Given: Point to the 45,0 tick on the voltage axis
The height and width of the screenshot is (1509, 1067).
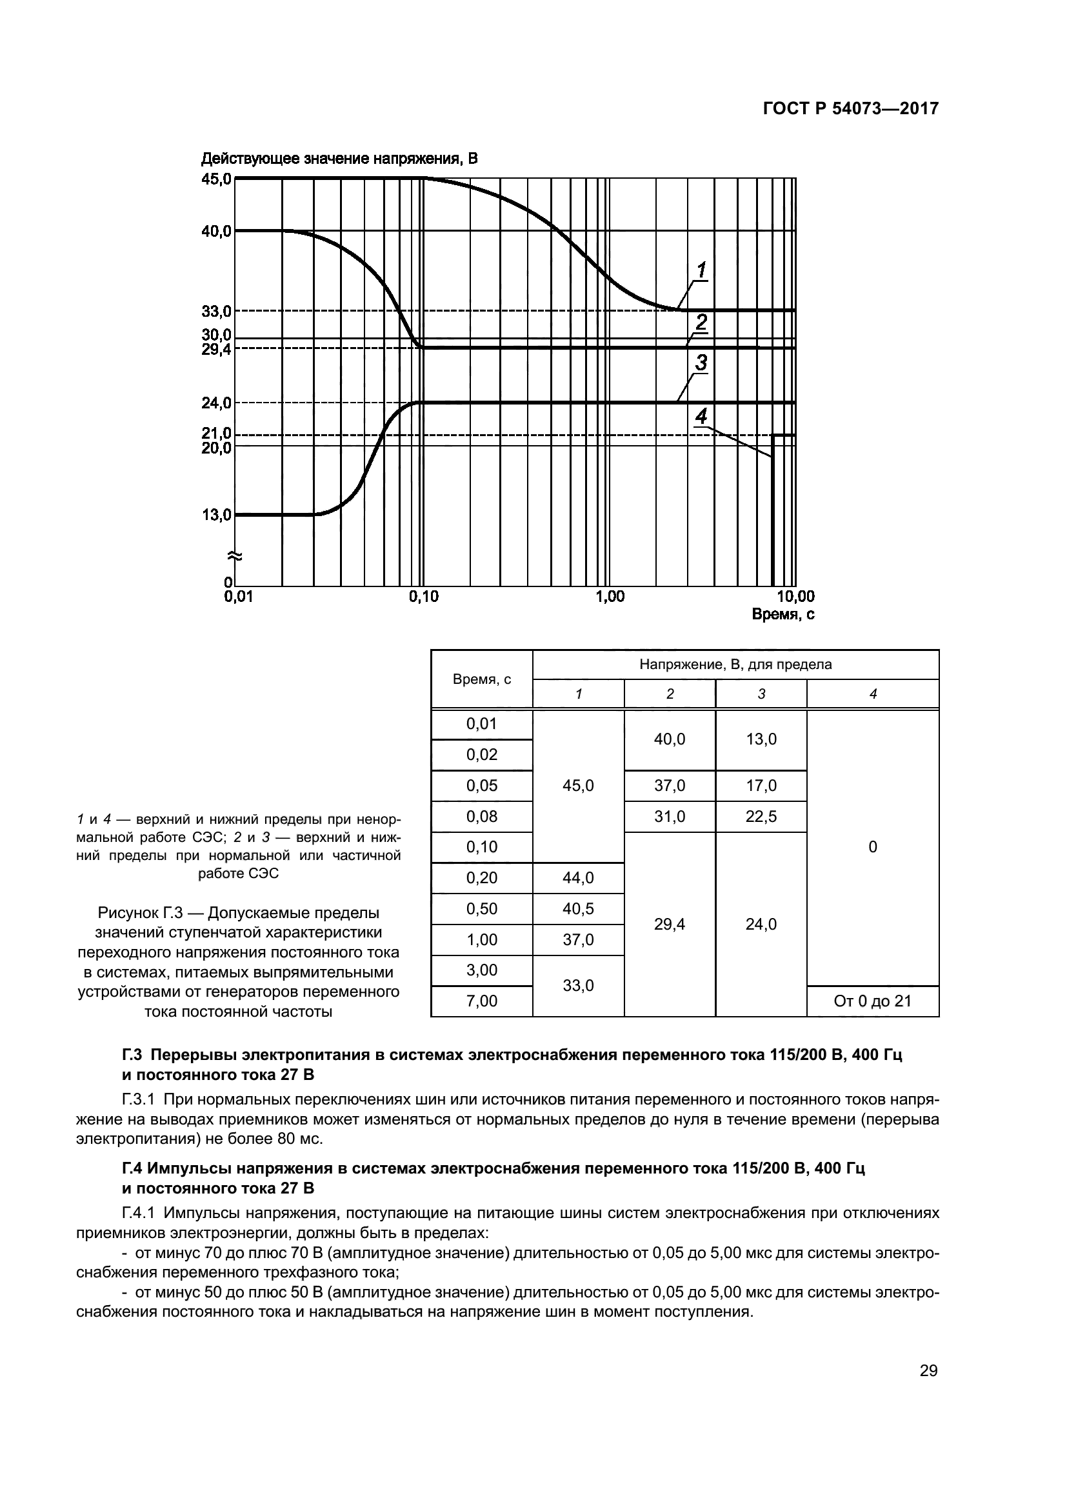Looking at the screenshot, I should point(217,179).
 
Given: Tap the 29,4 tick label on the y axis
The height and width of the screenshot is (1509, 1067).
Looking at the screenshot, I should point(217,350).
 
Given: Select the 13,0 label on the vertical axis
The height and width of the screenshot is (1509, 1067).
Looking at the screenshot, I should point(217,515).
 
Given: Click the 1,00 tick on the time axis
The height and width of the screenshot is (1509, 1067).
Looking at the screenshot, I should point(610,597).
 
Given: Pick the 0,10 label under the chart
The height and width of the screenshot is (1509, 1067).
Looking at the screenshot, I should point(424,597).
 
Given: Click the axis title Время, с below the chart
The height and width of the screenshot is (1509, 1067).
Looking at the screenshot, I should point(783,615).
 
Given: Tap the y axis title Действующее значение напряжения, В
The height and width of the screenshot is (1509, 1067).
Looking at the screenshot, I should point(339,159).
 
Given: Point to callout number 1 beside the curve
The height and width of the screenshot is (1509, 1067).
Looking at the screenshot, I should point(701,270).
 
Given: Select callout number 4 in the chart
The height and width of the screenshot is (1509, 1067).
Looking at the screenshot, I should point(701,416).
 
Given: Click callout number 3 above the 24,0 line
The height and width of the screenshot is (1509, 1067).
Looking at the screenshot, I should point(701,362).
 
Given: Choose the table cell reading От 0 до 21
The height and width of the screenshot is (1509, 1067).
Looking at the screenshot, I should point(873,1001).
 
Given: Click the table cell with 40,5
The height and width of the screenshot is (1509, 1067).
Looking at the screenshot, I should point(578,908).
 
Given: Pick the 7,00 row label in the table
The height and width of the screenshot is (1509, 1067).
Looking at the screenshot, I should point(482,1001).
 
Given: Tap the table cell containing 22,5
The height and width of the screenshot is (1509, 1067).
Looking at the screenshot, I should point(761,816).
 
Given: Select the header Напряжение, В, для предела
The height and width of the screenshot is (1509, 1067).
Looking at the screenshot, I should point(735,665).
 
